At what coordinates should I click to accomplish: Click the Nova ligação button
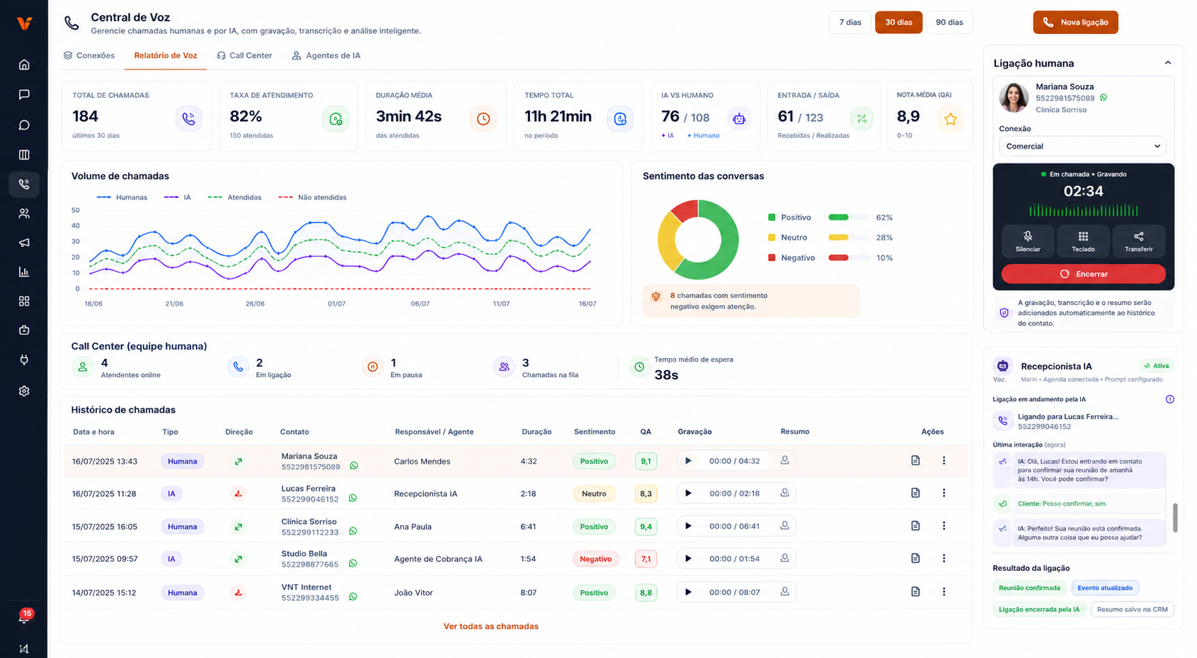tap(1075, 23)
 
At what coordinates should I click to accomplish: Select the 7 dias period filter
tap(849, 23)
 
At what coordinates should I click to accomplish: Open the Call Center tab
tap(245, 56)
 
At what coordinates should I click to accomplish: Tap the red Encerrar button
tap(1083, 274)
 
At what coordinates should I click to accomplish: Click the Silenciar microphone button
tap(1028, 241)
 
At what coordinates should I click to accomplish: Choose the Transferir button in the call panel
tap(1138, 241)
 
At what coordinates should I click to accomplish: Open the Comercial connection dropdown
tap(1082, 146)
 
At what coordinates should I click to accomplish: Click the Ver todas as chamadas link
tap(491, 626)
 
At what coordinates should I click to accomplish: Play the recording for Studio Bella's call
tap(688, 559)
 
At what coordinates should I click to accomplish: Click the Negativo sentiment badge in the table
tap(595, 559)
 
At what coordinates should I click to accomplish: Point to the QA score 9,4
tap(646, 526)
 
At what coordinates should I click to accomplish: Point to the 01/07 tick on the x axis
tap(336, 304)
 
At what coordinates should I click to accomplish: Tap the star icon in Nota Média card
tap(950, 119)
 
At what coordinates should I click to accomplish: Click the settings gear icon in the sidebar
tap(24, 391)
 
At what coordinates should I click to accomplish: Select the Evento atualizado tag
tap(1104, 588)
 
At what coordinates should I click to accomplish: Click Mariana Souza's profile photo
tap(1014, 97)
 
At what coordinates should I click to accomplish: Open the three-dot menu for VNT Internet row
tap(944, 591)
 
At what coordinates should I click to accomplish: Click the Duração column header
tap(537, 432)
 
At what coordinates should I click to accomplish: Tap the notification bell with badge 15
tap(25, 617)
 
